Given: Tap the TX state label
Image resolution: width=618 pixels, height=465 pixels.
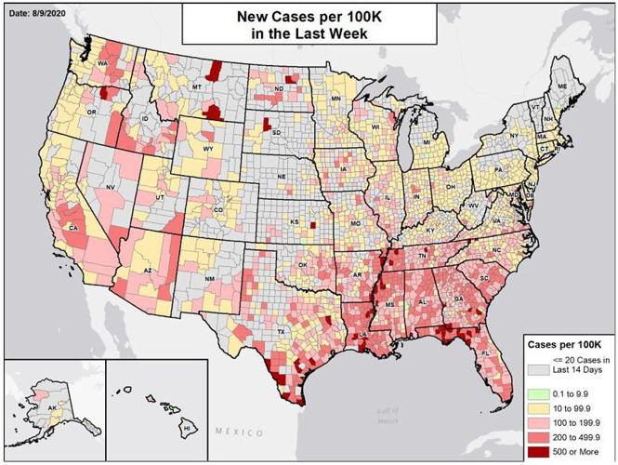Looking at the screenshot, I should (x=281, y=332).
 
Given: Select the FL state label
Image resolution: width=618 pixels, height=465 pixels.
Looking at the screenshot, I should (x=485, y=354).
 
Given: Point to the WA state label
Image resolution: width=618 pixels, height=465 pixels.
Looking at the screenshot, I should (x=103, y=63).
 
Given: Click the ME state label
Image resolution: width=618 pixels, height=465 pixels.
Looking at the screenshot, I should (x=561, y=86).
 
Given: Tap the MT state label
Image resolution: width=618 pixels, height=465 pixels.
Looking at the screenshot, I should (x=197, y=86).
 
